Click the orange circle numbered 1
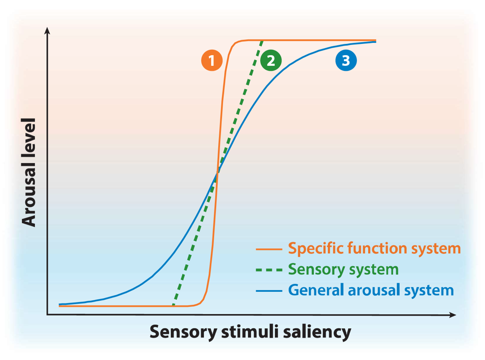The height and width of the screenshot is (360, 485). pos(212,61)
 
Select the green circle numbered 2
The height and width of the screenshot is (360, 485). pos(271,61)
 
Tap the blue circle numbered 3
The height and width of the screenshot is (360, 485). pos(346,61)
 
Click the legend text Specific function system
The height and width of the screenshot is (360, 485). pos(374,248)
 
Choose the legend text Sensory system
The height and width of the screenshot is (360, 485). pos(343,269)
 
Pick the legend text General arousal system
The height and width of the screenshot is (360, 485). pos(371,290)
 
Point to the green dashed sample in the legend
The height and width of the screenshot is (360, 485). pos(269,270)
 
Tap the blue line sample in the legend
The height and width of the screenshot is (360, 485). pos(269,291)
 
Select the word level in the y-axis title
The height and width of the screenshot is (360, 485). pos(29,139)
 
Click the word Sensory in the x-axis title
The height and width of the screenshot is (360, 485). pos(180,332)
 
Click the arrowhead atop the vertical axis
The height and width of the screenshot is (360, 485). pos(47,30)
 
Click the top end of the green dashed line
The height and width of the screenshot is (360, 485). pos(261,42)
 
